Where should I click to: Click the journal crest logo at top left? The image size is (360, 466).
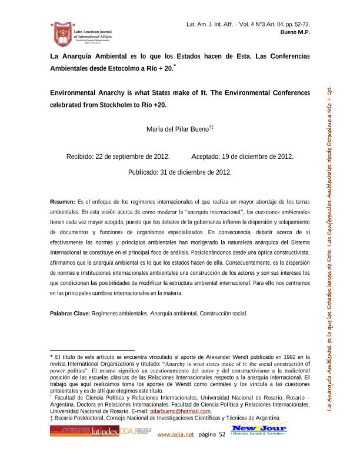point(61,34)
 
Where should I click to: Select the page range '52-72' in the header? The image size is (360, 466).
point(301,24)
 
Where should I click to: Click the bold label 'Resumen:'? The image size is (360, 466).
point(62,201)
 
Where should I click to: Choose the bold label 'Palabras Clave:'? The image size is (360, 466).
point(69,313)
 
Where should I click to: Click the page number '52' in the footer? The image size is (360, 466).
point(222,451)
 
